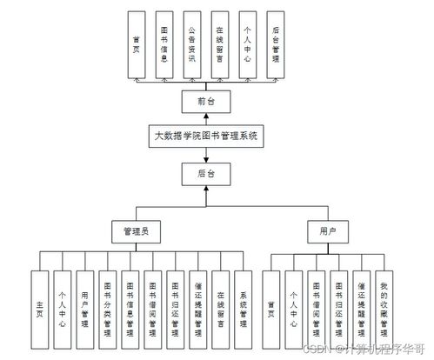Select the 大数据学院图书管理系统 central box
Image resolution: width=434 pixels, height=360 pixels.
tap(204, 137)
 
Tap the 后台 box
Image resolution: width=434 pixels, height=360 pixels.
tap(204, 174)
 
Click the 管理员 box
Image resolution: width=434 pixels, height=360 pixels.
tap(136, 232)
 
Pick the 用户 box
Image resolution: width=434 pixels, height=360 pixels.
tap(326, 232)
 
